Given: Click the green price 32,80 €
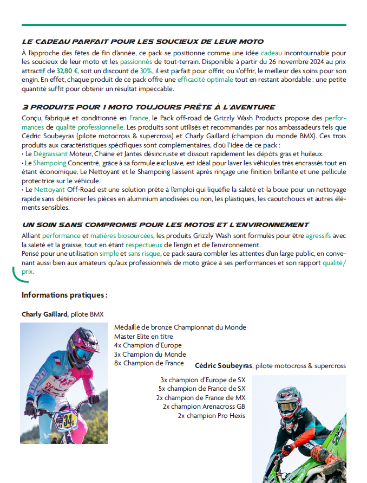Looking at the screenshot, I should (68, 71).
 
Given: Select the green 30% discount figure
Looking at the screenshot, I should (146, 71).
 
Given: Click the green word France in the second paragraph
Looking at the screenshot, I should (139, 118).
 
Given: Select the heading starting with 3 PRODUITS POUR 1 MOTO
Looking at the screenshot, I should (148, 107).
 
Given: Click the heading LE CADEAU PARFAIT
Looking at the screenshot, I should (142, 41).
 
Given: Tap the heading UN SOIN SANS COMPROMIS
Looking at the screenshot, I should (165, 225).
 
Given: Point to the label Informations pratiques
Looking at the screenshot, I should (64, 295).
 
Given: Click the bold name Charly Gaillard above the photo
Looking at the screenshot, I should (45, 314).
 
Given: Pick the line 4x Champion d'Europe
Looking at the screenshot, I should (148, 345).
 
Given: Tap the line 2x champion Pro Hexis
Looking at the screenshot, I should (211, 415).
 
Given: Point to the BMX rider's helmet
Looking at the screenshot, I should (82, 347).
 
